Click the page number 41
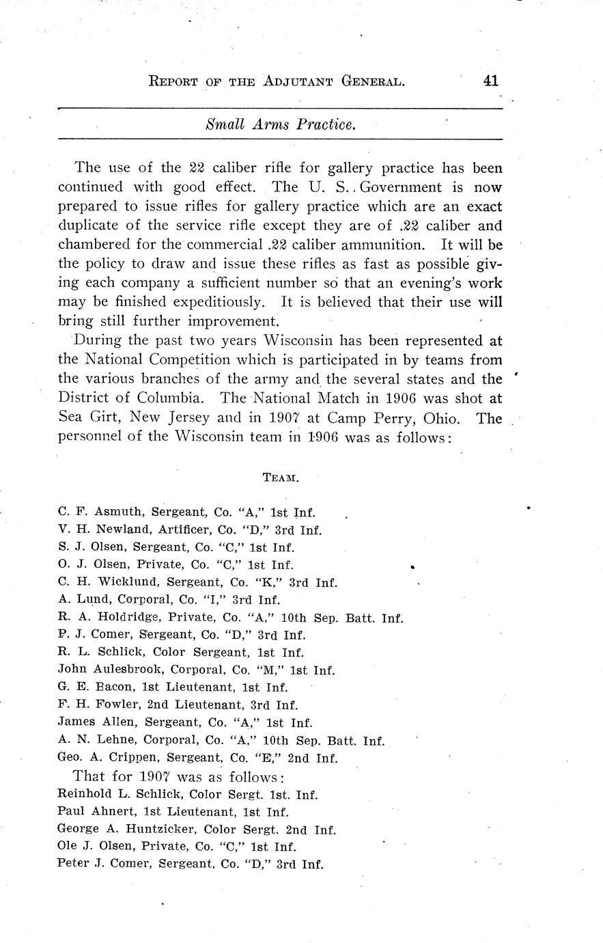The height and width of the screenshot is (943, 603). (x=490, y=81)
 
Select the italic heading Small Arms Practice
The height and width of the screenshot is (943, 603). (x=280, y=125)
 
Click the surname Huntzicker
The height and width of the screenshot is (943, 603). (x=142, y=830)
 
